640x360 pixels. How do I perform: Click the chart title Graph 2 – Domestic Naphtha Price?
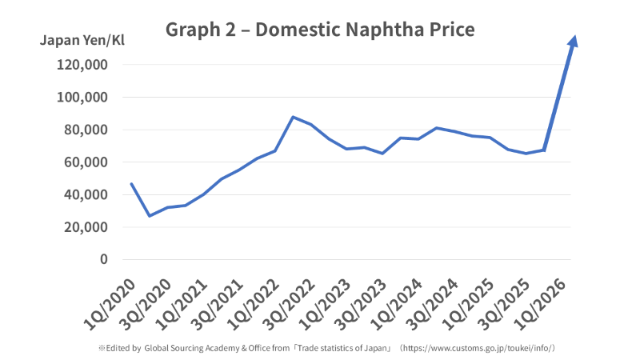click(x=320, y=30)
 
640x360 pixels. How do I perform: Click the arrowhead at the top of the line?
click(x=574, y=41)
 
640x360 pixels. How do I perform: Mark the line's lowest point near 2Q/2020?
click(x=150, y=216)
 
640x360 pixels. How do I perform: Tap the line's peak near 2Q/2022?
click(x=293, y=117)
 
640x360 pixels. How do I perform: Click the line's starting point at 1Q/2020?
click(x=132, y=184)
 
